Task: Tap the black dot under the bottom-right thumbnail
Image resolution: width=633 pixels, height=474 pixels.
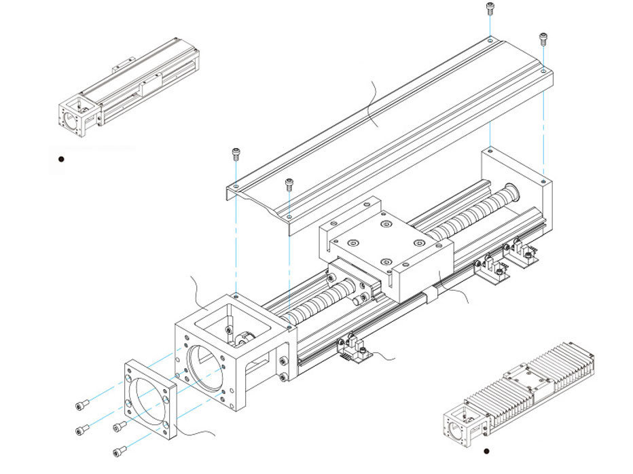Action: [x=486, y=450]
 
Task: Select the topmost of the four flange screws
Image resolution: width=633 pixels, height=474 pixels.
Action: [x=82, y=405]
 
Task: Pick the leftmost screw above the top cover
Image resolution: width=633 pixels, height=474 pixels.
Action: [x=236, y=153]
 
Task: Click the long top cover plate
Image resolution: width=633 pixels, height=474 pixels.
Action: [x=387, y=129]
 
